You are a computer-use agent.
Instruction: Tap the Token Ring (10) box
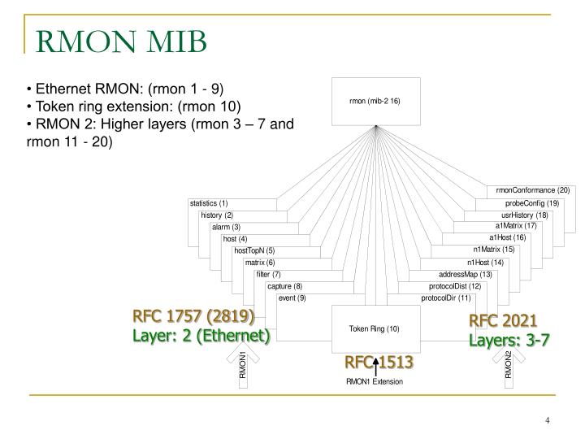click(x=375, y=328)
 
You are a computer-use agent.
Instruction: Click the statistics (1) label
click(x=209, y=202)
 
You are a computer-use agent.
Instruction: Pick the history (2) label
click(x=217, y=215)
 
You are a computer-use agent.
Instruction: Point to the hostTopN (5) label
click(x=255, y=250)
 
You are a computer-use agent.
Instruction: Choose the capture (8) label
click(x=284, y=286)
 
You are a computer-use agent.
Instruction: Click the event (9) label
click(x=292, y=298)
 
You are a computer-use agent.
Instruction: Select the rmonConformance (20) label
click(x=533, y=190)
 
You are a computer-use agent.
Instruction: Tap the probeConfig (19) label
click(x=532, y=202)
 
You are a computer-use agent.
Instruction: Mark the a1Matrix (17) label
click(x=516, y=225)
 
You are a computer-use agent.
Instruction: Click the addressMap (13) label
click(x=466, y=275)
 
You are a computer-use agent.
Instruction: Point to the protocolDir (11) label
click(x=446, y=298)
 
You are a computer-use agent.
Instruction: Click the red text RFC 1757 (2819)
click(x=194, y=316)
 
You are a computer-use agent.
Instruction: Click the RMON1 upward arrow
click(x=242, y=366)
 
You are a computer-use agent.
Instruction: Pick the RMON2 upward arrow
click(x=509, y=366)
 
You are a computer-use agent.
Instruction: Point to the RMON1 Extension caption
click(x=375, y=380)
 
